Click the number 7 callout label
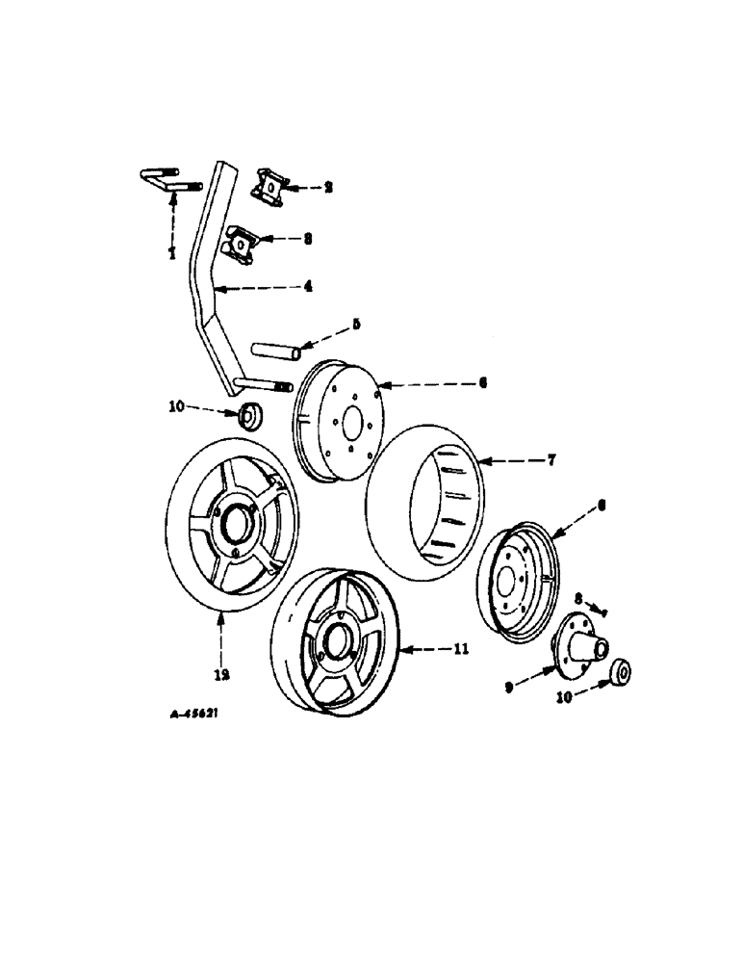pyautogui.click(x=552, y=461)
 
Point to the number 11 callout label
pyautogui.click(x=461, y=650)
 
